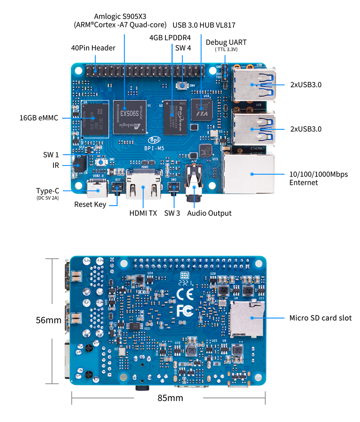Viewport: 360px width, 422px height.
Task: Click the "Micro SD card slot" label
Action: pos(321,318)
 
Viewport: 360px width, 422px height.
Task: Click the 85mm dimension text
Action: pos(170,398)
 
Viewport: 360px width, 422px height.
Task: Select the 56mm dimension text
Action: pos(48,321)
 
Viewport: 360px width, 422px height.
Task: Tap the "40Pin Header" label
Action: pos(93,48)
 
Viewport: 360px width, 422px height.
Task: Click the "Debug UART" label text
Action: pos(226,42)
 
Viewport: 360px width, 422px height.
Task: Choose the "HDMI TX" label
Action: pos(143,213)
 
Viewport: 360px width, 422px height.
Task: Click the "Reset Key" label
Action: pos(90,204)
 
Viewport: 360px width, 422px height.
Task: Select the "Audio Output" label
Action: pos(209,213)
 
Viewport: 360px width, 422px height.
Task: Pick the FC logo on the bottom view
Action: pos(183,311)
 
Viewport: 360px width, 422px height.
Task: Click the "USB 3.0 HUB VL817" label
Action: pos(204,25)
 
